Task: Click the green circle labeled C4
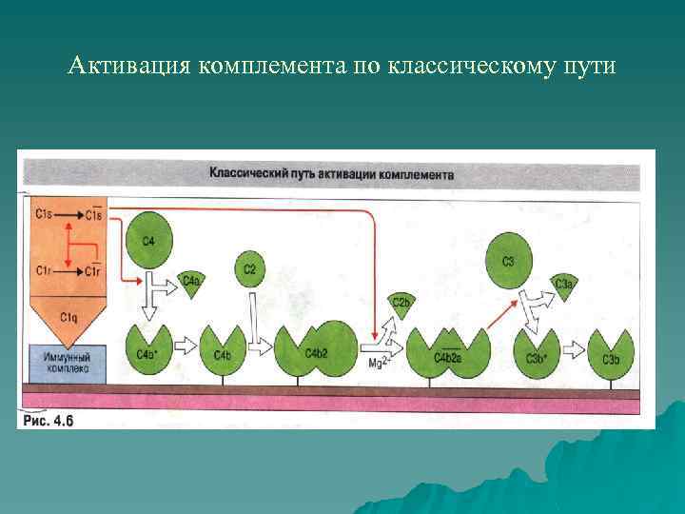pyautogui.click(x=148, y=239)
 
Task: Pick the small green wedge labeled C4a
pyautogui.click(x=191, y=283)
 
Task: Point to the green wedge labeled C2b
pyautogui.click(x=401, y=306)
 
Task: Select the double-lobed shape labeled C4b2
pyautogui.click(x=316, y=350)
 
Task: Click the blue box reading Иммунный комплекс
pyautogui.click(x=67, y=360)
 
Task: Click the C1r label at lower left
pyautogui.click(x=43, y=271)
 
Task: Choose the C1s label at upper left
pyautogui.click(x=43, y=215)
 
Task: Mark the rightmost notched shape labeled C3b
pyautogui.click(x=611, y=352)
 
